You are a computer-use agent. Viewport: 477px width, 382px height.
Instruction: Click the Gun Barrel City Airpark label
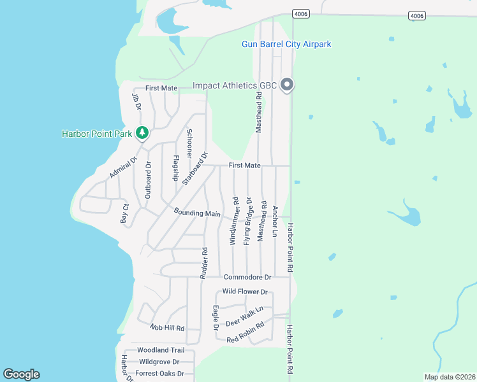pos(286,45)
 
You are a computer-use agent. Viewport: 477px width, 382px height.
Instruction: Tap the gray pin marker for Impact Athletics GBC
pos(287,84)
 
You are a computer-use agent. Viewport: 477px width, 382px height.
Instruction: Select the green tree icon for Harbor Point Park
pos(143,133)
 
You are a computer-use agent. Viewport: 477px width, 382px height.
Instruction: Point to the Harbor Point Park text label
pos(96,134)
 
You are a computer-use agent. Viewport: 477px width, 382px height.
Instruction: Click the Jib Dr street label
pos(136,101)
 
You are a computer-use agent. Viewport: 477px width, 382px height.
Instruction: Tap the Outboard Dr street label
pos(148,180)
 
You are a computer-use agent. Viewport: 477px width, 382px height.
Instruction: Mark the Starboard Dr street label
pos(195,168)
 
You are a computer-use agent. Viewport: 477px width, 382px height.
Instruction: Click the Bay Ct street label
pos(125,213)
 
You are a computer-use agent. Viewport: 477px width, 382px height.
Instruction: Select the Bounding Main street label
pos(197,213)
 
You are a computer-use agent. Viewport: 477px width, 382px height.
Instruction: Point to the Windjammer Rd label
pos(235,221)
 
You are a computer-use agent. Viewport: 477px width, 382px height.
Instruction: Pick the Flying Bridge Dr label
pos(248,221)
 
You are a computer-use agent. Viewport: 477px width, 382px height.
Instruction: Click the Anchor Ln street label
pos(275,221)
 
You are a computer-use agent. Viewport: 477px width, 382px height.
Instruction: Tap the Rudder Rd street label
pos(205,262)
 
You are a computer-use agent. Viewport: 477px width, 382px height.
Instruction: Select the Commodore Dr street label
pos(247,277)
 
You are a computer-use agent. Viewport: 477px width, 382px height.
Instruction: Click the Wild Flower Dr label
pos(245,292)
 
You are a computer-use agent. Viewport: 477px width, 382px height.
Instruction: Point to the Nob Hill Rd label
pos(167,328)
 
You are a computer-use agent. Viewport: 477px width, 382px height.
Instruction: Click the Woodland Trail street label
pos(161,350)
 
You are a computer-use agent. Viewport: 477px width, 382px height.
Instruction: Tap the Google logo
pos(21,374)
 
